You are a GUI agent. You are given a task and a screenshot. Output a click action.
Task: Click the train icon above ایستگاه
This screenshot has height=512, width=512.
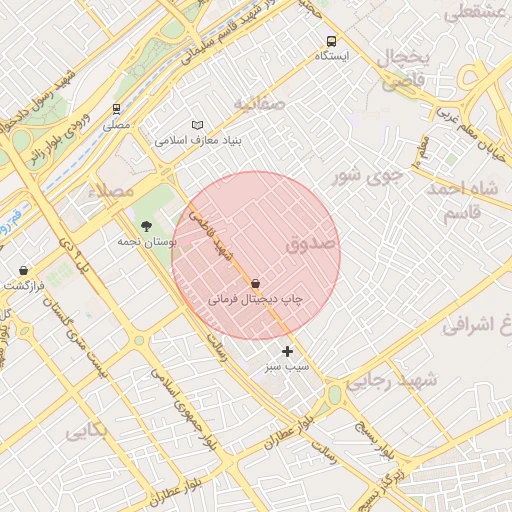(x=331, y=41)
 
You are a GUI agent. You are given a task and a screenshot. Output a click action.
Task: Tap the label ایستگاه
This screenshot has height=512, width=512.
(x=331, y=56)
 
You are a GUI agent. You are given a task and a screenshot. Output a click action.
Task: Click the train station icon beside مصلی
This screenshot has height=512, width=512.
(x=117, y=110)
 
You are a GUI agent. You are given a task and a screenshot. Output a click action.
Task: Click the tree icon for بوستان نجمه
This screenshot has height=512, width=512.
(x=147, y=226)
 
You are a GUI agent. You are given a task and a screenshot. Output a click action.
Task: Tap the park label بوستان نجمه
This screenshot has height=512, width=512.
(x=146, y=242)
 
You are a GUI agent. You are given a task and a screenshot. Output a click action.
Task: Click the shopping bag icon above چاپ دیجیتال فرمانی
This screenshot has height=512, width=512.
(x=256, y=284)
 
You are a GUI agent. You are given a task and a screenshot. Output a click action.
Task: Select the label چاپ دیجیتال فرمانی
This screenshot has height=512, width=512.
(x=255, y=299)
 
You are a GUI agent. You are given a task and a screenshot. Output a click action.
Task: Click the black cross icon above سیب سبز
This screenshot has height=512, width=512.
(x=288, y=351)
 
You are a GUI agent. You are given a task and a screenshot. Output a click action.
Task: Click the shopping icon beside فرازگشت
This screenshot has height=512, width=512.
(x=24, y=270)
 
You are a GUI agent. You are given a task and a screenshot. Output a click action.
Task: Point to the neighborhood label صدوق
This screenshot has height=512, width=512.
(x=311, y=243)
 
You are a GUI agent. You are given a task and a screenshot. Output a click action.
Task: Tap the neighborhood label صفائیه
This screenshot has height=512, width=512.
(x=260, y=103)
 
